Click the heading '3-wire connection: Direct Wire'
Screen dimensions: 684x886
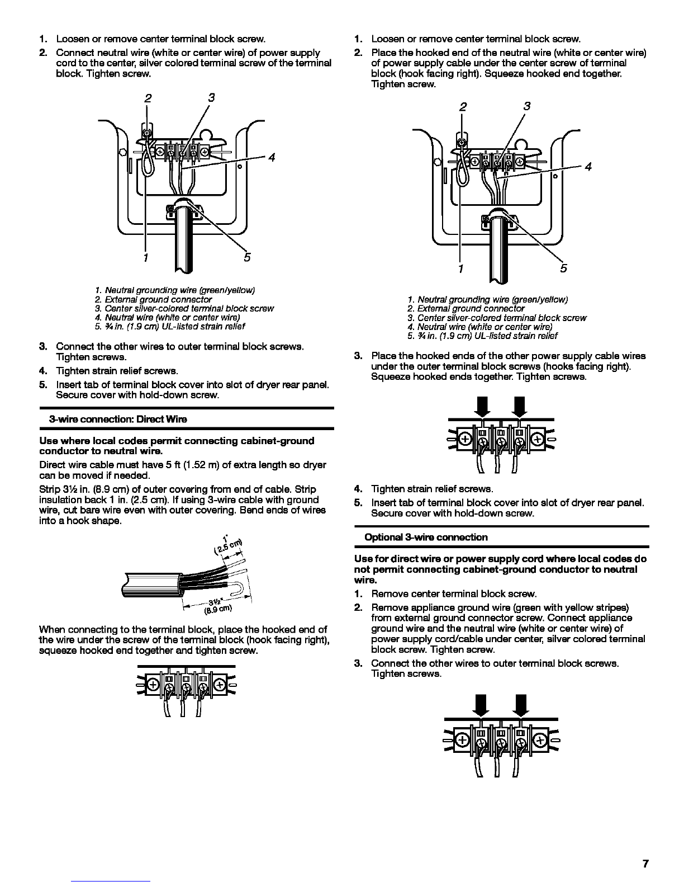(118, 419)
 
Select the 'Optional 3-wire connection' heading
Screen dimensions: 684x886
(426, 537)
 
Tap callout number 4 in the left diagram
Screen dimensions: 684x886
(272, 157)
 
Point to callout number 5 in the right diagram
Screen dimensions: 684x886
(563, 268)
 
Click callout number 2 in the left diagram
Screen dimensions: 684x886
(148, 98)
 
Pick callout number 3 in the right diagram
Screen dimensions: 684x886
(527, 106)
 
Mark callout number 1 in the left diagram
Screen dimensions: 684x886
(145, 258)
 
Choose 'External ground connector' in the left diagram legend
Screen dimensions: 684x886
(158, 299)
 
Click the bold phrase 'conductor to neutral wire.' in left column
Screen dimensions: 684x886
(101, 451)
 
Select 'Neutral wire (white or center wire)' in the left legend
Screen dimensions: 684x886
(172, 317)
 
